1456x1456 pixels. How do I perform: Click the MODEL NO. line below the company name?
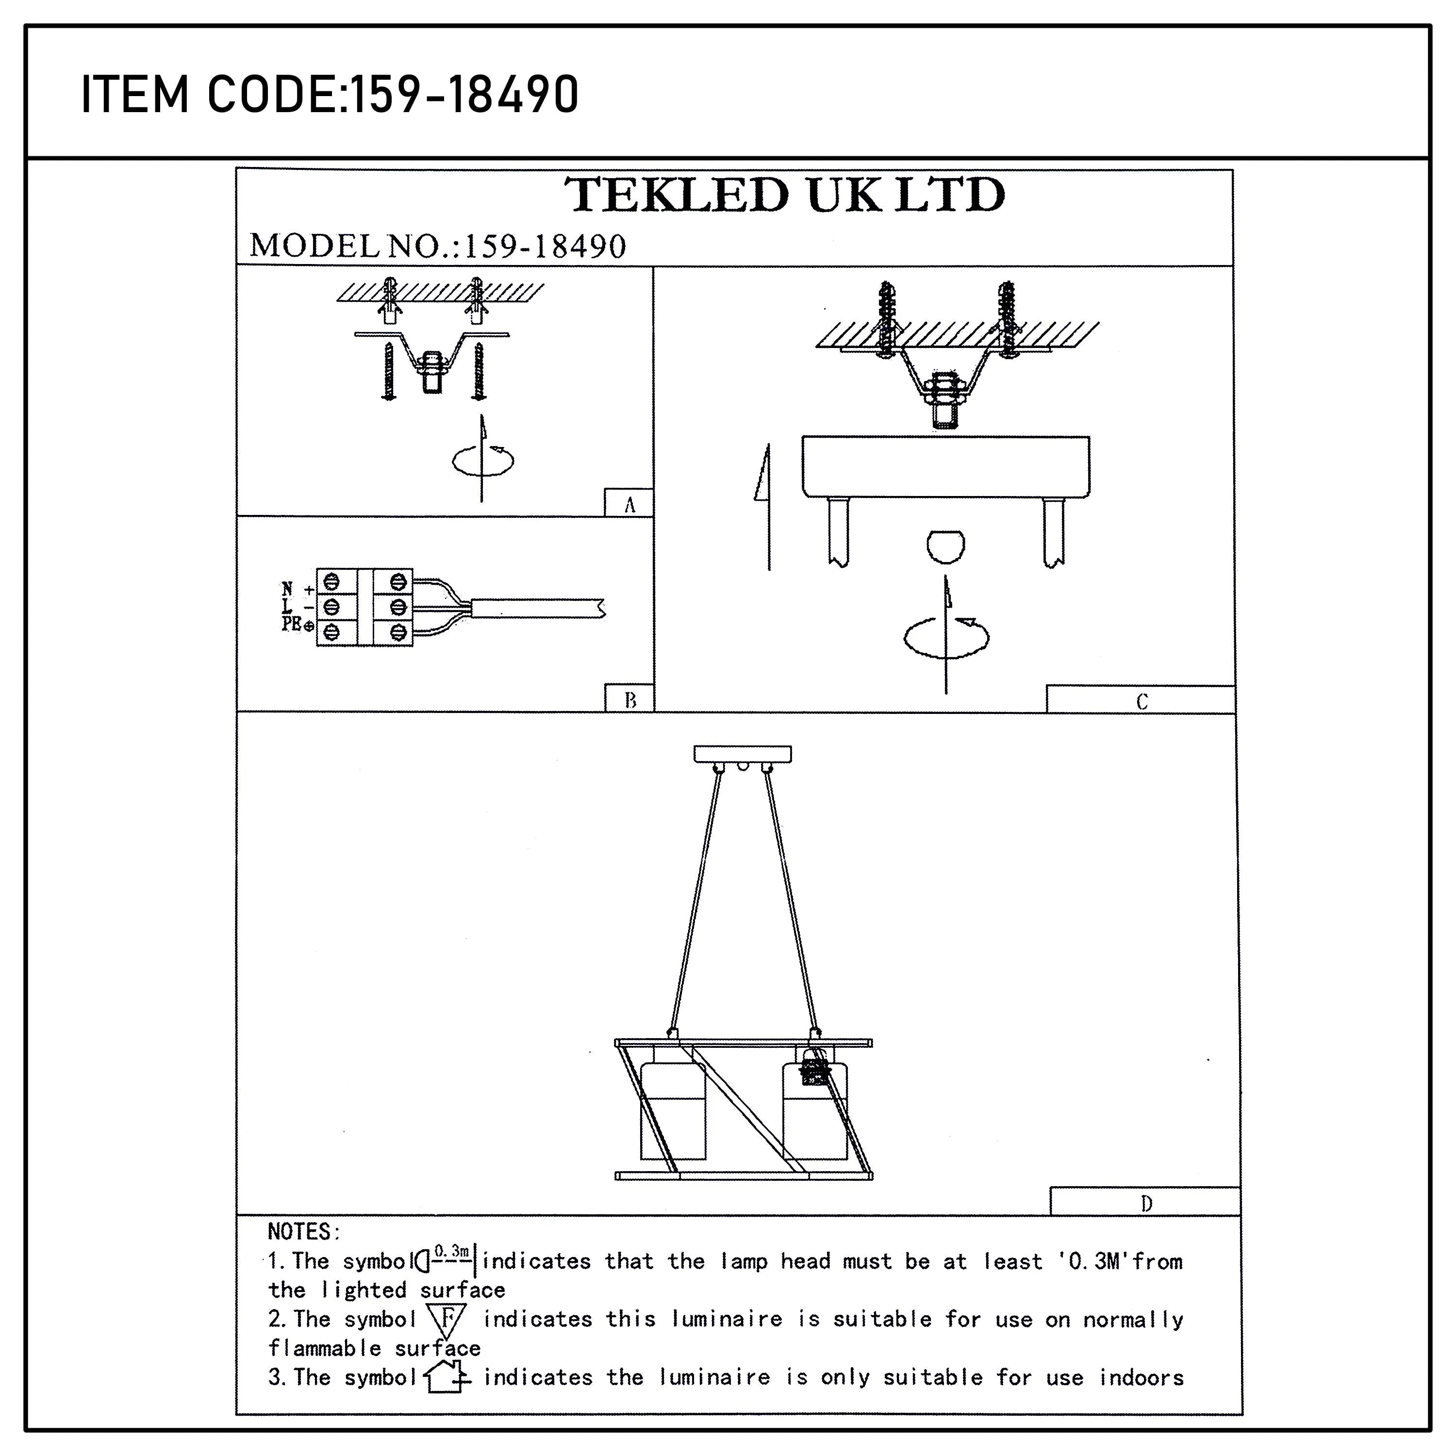coord(437,247)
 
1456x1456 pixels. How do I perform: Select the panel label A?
coord(629,505)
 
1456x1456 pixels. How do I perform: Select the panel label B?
coord(630,700)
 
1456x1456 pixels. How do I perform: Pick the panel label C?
coord(1141,702)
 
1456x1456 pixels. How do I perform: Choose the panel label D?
coord(1145,1204)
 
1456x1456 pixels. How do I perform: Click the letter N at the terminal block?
coord(287,589)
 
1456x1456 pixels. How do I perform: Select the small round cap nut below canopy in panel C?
coord(945,546)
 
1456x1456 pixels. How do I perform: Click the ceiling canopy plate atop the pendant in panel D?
coord(743,754)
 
